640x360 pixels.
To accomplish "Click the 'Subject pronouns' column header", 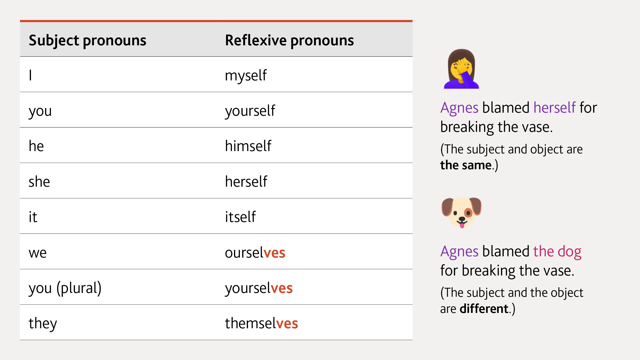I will click(x=87, y=40).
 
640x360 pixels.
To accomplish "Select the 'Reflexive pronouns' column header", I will click(x=289, y=40).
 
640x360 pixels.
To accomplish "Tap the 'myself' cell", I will click(x=246, y=76).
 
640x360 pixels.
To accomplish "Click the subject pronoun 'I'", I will click(x=30, y=76).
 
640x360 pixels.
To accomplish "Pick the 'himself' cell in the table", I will click(x=248, y=146).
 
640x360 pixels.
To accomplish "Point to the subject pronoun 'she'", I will click(x=39, y=182).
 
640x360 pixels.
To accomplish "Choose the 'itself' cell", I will click(x=240, y=217).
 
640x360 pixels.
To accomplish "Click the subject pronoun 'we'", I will click(x=38, y=253).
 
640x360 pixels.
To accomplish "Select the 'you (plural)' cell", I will click(x=65, y=288).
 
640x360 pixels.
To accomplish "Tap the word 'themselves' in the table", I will click(x=261, y=323).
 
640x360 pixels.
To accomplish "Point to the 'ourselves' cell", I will click(x=255, y=253).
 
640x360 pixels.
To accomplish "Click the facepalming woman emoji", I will click(x=461, y=69).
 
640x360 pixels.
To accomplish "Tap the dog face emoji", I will click(x=461, y=212).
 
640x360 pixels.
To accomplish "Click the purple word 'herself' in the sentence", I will click(x=554, y=108).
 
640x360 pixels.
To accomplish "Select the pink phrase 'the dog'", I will click(x=557, y=251).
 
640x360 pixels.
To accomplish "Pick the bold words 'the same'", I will click(x=466, y=165).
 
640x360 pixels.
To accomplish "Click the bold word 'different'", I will click(x=484, y=309).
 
